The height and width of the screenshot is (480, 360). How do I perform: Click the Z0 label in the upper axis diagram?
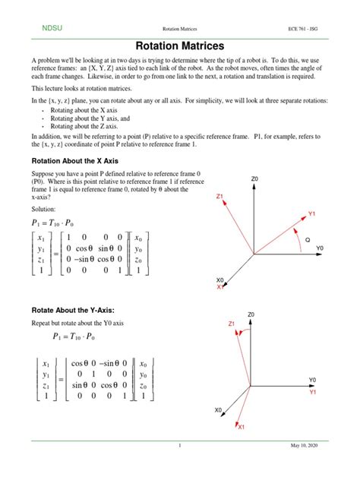point(254,179)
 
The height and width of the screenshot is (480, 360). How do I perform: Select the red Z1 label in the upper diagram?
point(219,197)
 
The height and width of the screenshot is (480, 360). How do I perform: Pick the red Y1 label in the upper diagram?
point(312,214)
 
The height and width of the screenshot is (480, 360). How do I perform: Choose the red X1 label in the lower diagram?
point(242,427)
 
